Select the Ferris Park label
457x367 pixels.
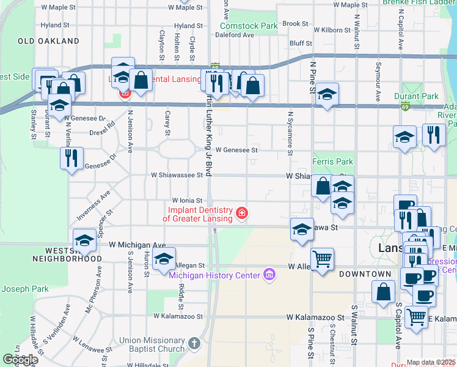333,162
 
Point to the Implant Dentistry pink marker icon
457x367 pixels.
243,213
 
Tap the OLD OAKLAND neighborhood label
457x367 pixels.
49,41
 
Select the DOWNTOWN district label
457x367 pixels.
365,273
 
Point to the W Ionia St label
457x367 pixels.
186,199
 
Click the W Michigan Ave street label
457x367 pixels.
137,245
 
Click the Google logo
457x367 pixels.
20,360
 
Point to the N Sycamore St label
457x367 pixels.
291,134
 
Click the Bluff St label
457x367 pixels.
301,44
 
